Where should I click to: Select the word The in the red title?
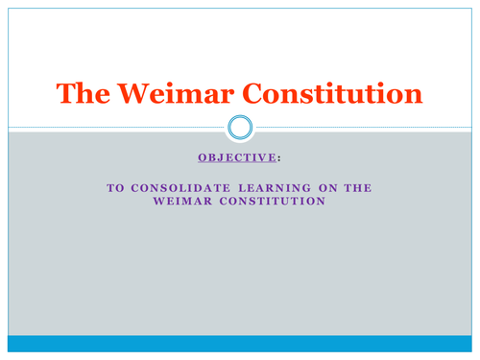pyautogui.click(x=81, y=93)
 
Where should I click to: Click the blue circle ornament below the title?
pyautogui.click(x=240, y=127)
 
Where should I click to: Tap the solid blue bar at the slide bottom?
pyautogui.click(x=240, y=343)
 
